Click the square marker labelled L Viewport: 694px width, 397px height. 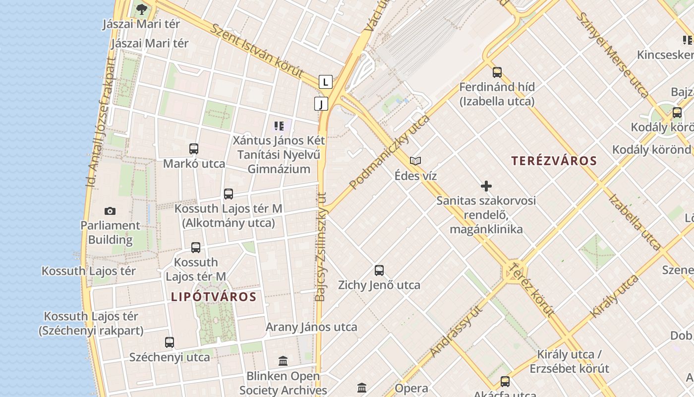(325, 82)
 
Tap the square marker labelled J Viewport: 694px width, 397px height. (321, 104)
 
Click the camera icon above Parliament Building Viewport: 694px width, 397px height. (110, 211)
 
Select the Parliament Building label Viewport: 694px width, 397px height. (110, 233)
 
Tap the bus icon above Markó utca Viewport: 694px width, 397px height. (194, 148)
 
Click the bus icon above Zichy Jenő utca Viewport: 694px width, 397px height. (379, 270)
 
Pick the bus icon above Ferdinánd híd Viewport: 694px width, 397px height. (497, 72)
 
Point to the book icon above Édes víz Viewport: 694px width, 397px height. (415, 161)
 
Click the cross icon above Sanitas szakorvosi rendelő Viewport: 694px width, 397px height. (486, 186)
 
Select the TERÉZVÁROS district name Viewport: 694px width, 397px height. (554, 161)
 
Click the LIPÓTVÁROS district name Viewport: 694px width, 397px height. (214, 297)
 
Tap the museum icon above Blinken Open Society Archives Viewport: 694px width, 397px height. (283, 361)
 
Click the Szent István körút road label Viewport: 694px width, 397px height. (257, 50)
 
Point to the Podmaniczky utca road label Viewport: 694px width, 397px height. (390, 152)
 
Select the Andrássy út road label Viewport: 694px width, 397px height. (457, 331)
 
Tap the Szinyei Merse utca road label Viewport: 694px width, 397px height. (613, 54)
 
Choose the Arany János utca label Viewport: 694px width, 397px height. (311, 327)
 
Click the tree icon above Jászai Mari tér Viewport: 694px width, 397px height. (141, 8)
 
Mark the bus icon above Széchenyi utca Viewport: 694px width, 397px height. (170, 342)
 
